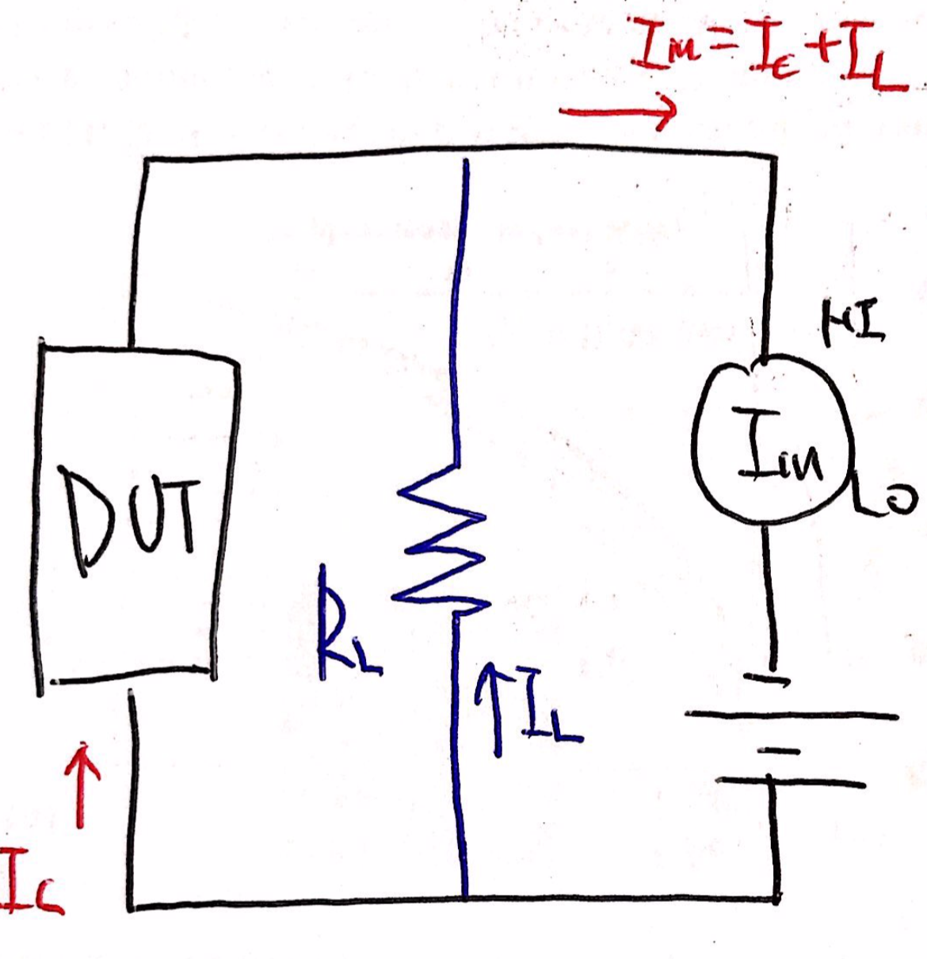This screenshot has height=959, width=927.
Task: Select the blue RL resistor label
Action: point(345,626)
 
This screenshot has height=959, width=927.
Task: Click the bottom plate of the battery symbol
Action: point(792,781)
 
